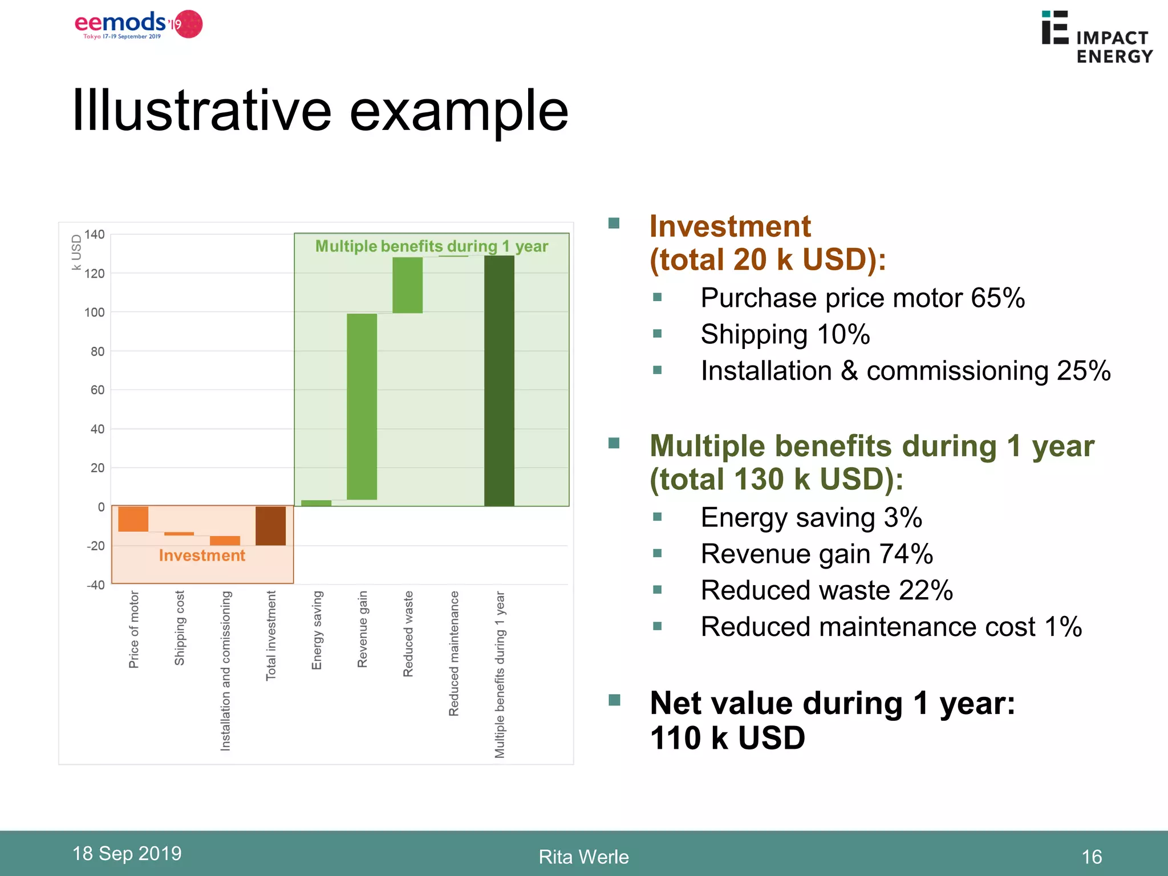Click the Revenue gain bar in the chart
362,406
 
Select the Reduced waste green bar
407,285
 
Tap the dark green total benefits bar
499,380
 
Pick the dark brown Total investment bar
270,525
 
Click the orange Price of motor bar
133,518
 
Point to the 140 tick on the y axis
95,234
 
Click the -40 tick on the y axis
96,585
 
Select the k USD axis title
76,252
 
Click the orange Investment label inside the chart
202,555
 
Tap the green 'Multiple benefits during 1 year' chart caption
431,246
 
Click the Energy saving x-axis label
317,630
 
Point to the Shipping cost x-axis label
180,627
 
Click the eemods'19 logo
139,25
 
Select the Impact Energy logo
1096,37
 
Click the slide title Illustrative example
320,111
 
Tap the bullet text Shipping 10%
785,334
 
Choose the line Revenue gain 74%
816,554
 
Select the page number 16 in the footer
1091,856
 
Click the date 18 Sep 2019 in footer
127,853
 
